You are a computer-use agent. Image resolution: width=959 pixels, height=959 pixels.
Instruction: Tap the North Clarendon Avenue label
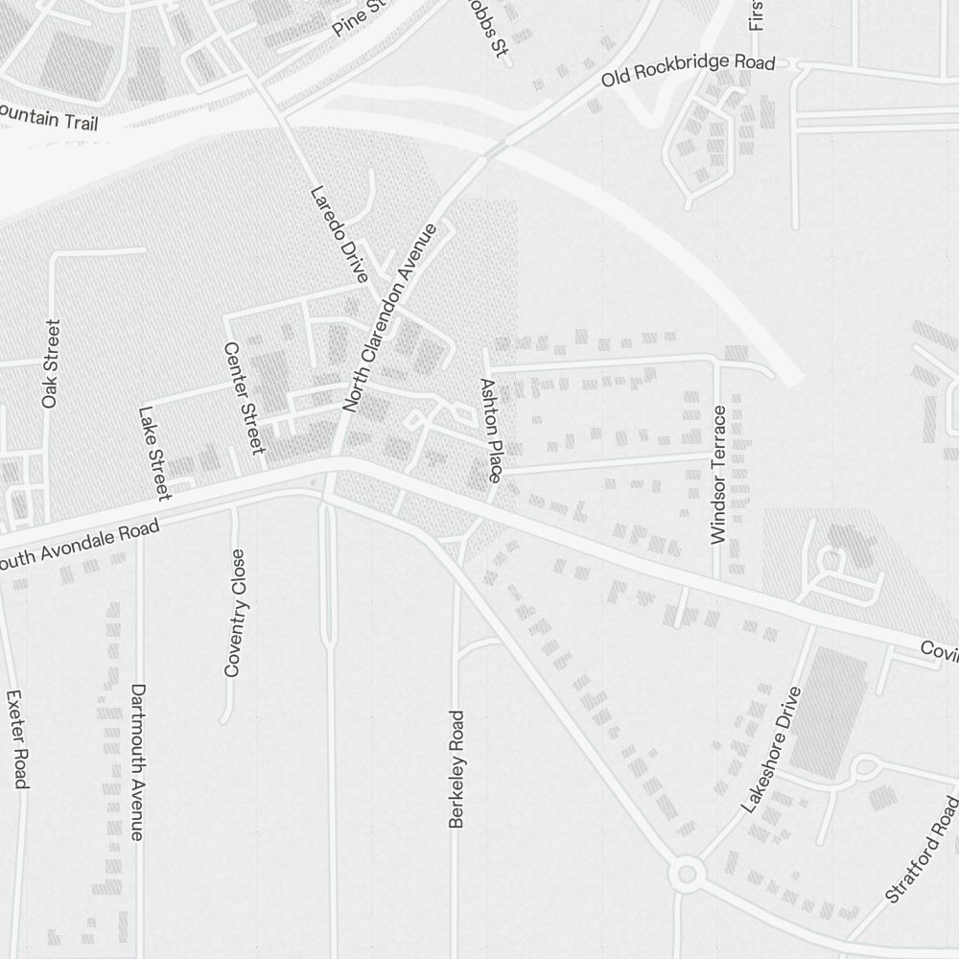tap(390, 317)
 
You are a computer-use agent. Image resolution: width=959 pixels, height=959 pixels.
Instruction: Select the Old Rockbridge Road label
tap(688, 71)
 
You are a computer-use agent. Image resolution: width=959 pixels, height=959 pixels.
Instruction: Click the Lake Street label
tap(153, 453)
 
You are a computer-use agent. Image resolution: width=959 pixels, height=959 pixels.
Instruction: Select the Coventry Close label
tap(235, 613)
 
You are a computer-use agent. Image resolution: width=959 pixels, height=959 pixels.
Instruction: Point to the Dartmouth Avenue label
tap(138, 761)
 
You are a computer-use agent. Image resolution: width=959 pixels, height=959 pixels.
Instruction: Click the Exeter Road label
tap(15, 738)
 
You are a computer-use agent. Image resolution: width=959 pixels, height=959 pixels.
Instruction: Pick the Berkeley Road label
tap(456, 768)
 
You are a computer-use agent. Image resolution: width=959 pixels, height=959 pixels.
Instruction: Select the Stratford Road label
tap(922, 847)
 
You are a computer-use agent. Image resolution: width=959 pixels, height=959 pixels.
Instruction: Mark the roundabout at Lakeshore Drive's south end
tap(686, 874)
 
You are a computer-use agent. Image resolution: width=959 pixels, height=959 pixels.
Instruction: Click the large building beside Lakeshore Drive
tap(827, 710)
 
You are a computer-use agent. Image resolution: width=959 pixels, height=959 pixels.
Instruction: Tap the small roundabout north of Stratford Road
tap(865, 767)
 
